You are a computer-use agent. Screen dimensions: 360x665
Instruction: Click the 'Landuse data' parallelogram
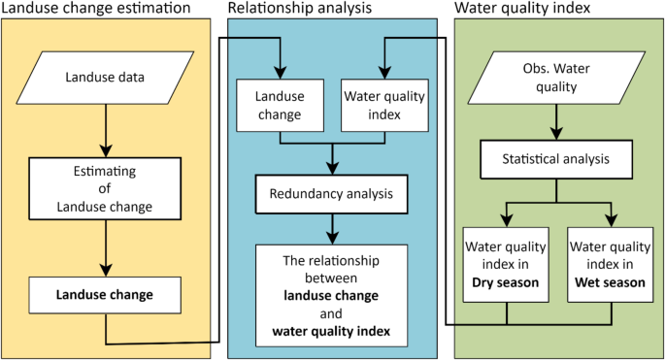tap(105, 76)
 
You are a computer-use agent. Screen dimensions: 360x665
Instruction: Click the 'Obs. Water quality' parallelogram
tap(555, 79)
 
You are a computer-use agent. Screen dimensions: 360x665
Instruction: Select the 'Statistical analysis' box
tap(554, 158)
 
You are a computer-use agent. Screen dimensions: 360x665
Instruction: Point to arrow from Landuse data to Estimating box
tap(105, 126)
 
